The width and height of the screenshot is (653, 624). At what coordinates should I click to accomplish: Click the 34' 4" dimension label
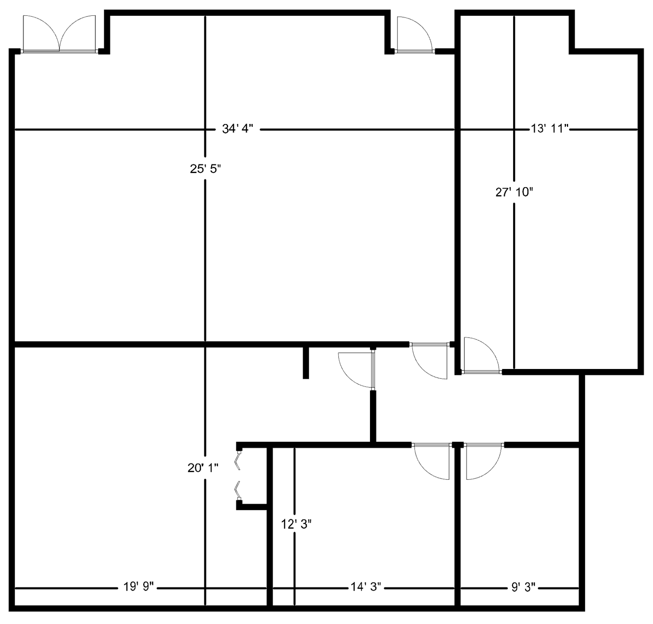238,129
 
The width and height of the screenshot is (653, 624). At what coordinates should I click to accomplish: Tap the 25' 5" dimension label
205,169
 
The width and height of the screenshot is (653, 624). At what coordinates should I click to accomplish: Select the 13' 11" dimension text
549,129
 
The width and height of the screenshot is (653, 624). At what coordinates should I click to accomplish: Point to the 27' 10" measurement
514,192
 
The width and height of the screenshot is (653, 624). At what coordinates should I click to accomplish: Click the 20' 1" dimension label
203,468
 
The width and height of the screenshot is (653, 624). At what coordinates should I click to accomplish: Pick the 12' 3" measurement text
296,525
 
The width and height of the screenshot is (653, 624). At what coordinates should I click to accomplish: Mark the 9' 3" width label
523,587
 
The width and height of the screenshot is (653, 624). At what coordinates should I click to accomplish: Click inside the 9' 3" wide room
520,524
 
